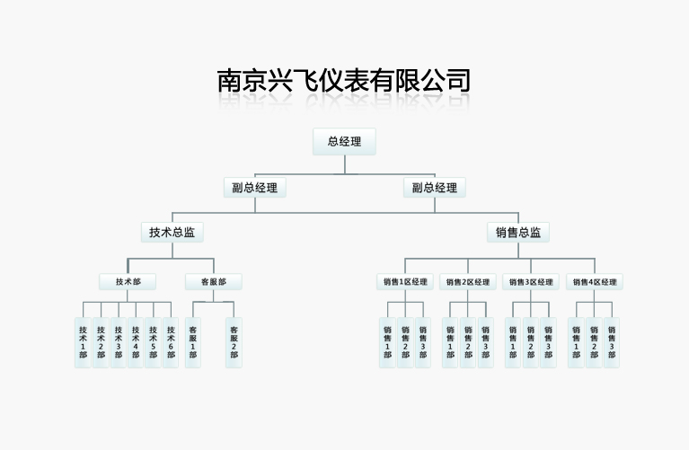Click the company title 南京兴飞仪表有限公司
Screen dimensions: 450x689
point(344,81)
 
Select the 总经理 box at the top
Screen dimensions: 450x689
point(344,142)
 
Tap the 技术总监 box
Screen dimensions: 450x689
point(172,232)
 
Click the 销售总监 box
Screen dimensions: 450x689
point(518,232)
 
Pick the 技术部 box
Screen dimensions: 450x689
point(128,282)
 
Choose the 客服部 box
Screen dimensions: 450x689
point(213,282)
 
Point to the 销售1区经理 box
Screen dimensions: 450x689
point(405,282)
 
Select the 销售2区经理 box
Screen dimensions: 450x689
point(468,282)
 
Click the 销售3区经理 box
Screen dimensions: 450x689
point(531,282)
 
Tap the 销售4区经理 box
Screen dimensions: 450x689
point(595,282)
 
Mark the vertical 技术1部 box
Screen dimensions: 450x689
point(83,342)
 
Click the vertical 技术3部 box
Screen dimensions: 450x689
point(118,342)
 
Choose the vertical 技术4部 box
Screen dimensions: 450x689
point(136,342)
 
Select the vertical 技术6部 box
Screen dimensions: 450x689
point(171,342)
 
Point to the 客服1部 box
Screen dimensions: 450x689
point(193,342)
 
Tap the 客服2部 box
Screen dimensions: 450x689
point(234,342)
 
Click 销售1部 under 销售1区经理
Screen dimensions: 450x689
point(387,342)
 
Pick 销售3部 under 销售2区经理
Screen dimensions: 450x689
point(485,342)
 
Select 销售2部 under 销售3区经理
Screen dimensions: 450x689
point(530,342)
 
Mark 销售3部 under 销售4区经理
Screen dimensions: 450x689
point(612,342)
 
